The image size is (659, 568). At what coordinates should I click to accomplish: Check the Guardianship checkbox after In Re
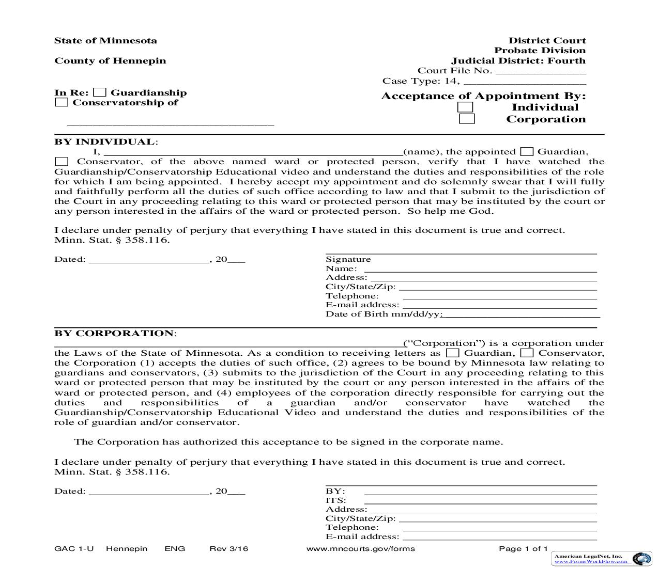100,93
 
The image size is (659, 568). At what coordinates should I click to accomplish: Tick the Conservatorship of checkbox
62,103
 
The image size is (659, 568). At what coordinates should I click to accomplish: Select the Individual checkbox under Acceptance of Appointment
465,107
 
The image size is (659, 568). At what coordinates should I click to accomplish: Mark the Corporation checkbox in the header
467,119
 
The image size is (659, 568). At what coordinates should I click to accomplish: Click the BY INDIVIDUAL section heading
104,142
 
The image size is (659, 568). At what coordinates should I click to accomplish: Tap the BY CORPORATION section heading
114,334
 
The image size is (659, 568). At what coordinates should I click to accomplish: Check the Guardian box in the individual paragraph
527,152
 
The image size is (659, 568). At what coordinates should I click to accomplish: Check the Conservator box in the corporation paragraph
527,353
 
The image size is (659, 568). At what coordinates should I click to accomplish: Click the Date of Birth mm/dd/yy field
521,314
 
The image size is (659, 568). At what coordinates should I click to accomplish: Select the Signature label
348,259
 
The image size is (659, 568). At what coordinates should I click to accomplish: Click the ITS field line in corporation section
480,500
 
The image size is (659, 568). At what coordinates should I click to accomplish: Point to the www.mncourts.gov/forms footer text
360,548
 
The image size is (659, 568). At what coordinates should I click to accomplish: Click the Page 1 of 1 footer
523,548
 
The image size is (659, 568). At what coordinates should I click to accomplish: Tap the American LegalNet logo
642,559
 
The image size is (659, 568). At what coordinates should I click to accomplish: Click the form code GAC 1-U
74,548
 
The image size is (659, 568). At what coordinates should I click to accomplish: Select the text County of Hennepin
110,61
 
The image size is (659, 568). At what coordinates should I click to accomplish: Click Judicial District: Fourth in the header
518,61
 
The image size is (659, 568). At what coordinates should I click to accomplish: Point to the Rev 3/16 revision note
228,548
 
